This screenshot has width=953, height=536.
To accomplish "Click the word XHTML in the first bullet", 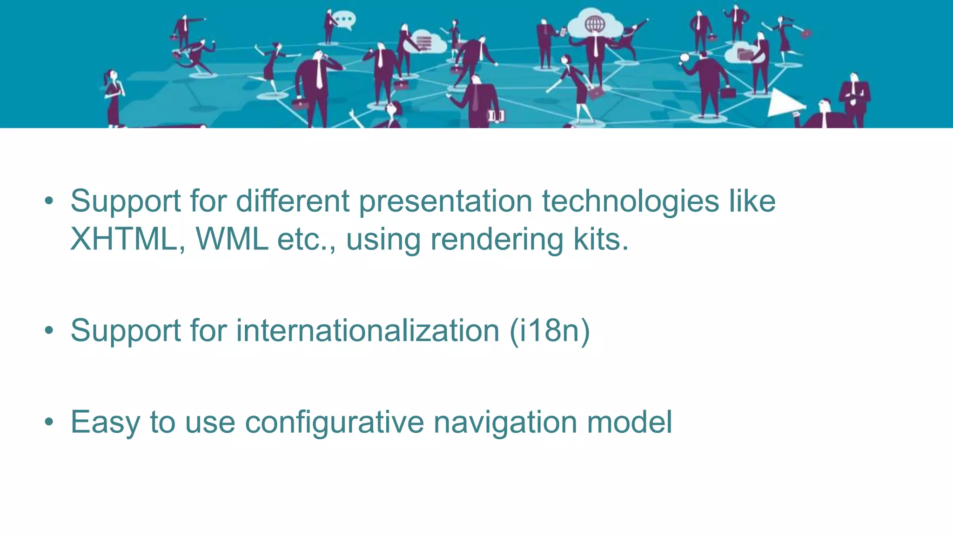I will [124, 239].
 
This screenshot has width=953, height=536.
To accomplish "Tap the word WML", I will [232, 239].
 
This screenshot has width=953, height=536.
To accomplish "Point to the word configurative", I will [334, 422].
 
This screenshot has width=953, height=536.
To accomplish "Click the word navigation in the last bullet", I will [505, 422].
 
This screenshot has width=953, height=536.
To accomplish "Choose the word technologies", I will [631, 201].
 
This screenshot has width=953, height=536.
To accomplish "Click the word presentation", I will [445, 201].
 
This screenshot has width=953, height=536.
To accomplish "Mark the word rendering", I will [497, 239].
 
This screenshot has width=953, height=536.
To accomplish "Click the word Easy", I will [105, 422].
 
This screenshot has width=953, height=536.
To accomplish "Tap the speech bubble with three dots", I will [345, 20].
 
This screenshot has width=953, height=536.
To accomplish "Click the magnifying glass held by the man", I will [684, 59].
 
